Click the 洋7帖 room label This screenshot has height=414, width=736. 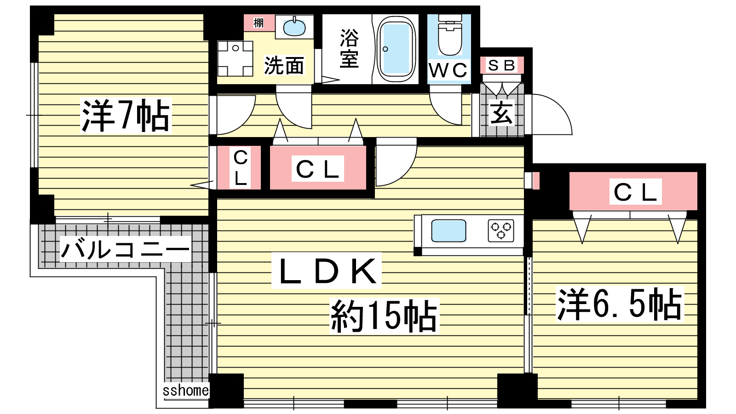126,115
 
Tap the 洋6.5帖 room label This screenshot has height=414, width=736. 620,304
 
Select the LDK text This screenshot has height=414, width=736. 327,270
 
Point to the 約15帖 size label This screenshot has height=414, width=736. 384,316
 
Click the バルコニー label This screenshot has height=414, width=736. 125,249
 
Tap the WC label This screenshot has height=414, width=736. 448,70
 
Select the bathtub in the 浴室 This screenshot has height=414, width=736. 396,49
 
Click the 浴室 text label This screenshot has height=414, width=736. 349,49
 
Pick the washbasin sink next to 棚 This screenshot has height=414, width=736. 294,27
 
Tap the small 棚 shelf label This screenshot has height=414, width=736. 259,23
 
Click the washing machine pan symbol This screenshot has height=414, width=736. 235,58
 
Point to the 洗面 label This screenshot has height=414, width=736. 284,66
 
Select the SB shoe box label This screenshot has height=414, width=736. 501,65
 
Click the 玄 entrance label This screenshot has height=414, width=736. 501,113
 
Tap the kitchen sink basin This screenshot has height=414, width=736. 448,230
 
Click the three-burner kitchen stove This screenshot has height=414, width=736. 501,230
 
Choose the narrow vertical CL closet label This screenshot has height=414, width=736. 241,168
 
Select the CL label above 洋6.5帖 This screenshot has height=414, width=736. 635,192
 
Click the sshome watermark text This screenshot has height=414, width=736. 186,391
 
